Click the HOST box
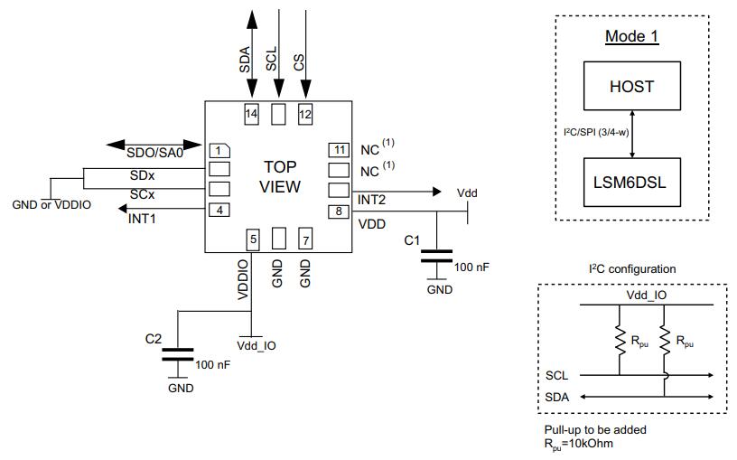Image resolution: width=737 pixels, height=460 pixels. tap(631, 87)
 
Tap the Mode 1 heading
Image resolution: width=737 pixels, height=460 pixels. tap(631, 37)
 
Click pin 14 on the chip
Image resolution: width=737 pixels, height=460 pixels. tap(251, 114)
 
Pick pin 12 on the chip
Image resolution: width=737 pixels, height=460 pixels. tap(305, 114)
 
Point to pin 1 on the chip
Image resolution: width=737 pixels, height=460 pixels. tap(218, 151)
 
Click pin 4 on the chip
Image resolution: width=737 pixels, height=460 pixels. tap(218, 211)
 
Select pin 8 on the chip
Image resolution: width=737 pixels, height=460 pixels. tap(339, 211)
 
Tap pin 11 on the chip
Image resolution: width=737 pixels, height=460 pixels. tap(339, 150)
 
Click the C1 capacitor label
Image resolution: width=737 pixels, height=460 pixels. tap(413, 240)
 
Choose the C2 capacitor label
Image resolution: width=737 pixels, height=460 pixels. tap(154, 339)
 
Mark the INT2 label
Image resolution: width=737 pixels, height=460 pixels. tap(373, 199)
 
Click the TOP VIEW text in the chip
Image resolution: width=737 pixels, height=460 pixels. tap(279, 177)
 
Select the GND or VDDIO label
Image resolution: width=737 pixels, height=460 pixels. tap(51, 205)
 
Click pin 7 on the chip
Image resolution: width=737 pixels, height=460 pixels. tap(305, 239)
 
